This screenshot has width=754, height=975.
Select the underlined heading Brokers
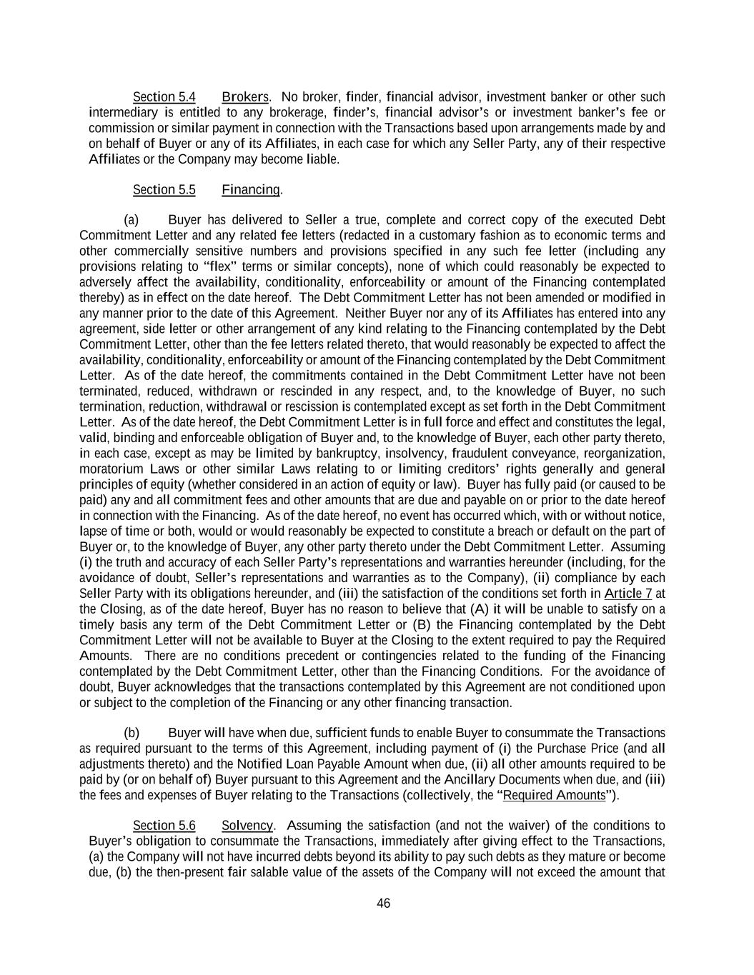point(245,97)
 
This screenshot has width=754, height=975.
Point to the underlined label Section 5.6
point(164,826)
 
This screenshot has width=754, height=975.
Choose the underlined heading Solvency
point(247,826)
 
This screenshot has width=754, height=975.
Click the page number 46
point(384,904)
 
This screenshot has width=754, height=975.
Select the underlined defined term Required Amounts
point(554,796)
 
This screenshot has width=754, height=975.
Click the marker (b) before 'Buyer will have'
point(132,734)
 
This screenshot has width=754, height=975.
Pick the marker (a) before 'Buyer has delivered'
point(132,220)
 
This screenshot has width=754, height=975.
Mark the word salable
point(278,873)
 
